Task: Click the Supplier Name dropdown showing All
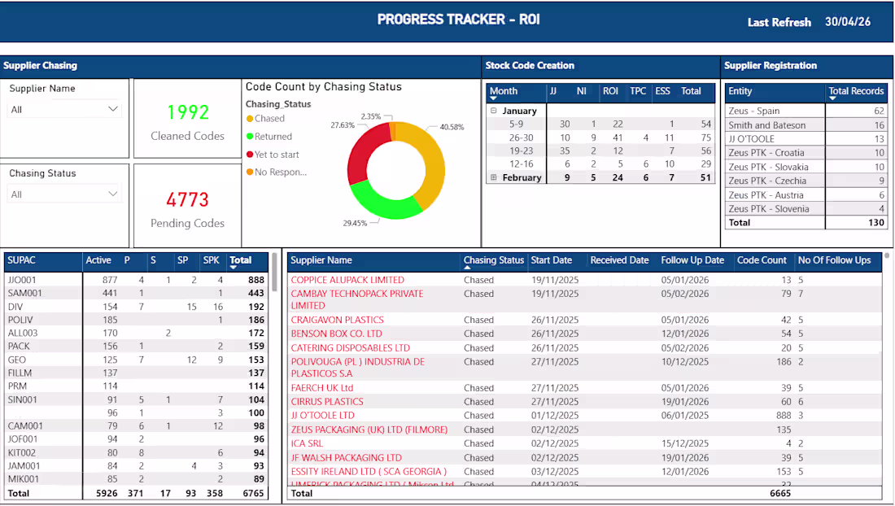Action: tap(64, 109)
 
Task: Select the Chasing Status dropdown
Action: tap(64, 194)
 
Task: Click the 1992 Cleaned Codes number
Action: tap(188, 112)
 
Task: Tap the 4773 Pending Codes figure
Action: tap(188, 199)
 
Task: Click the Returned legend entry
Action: tap(273, 137)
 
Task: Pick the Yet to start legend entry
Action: tap(277, 155)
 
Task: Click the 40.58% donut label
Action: tap(453, 127)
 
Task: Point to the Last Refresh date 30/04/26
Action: tap(847, 22)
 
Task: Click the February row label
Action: tap(522, 177)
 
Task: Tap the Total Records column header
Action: tap(855, 91)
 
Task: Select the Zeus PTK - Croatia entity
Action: tap(766, 153)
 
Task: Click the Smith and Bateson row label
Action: tap(766, 125)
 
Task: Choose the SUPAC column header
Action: tap(21, 260)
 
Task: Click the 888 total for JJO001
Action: tap(256, 280)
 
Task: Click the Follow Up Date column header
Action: tap(692, 260)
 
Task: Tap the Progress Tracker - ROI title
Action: tap(458, 20)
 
